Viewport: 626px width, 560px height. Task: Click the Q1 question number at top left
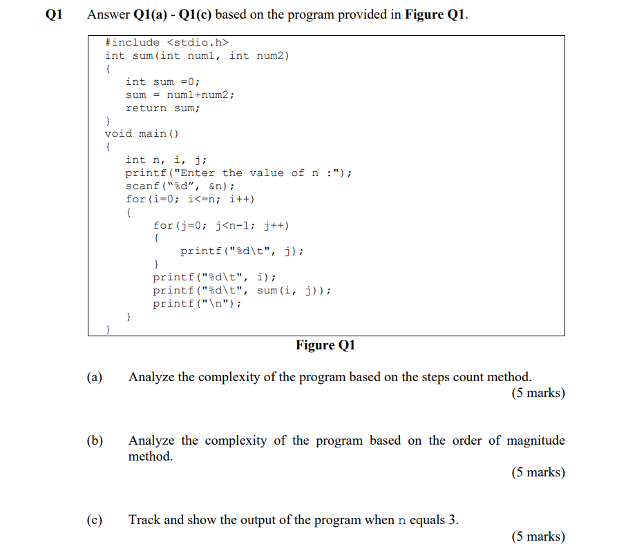pos(53,15)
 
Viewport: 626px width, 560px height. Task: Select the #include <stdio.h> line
pos(167,43)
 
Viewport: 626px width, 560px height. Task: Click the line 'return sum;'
pos(163,108)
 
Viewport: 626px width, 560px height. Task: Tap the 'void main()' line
pos(142,133)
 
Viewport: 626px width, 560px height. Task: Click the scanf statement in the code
pos(180,186)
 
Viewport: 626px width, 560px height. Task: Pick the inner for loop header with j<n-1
pos(221,225)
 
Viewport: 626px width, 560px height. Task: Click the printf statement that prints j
pos(242,251)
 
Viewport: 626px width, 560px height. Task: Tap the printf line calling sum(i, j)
pos(242,291)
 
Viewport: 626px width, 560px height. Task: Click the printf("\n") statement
pos(198,304)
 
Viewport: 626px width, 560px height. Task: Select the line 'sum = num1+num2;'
pos(180,95)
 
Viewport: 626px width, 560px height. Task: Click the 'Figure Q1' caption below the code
pos(325,345)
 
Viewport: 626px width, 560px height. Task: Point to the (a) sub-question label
pos(95,377)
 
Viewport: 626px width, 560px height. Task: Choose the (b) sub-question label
pos(95,441)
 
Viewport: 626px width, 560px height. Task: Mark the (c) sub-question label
pos(95,520)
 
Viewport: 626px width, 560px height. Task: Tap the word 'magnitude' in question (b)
pos(535,441)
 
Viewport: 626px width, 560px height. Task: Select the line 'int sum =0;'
pos(163,81)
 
